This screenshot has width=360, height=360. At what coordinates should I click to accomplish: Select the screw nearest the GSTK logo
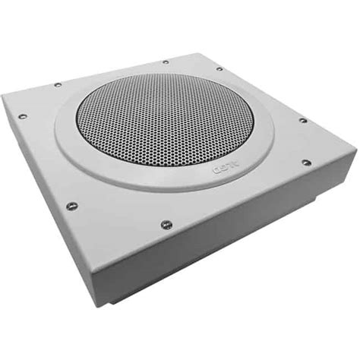[x=305, y=162]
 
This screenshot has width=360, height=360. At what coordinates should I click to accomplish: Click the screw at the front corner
[x=166, y=224]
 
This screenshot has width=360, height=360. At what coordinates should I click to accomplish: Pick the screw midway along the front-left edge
[x=72, y=205]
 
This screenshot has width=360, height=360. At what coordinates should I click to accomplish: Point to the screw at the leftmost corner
[x=22, y=116]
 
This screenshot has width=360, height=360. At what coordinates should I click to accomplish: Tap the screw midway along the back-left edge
[x=57, y=84]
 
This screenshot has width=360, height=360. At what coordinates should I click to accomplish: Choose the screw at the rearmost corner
[x=166, y=62]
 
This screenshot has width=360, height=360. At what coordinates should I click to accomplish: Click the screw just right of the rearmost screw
[x=219, y=69]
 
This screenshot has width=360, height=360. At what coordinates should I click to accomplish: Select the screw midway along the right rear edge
[x=302, y=120]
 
